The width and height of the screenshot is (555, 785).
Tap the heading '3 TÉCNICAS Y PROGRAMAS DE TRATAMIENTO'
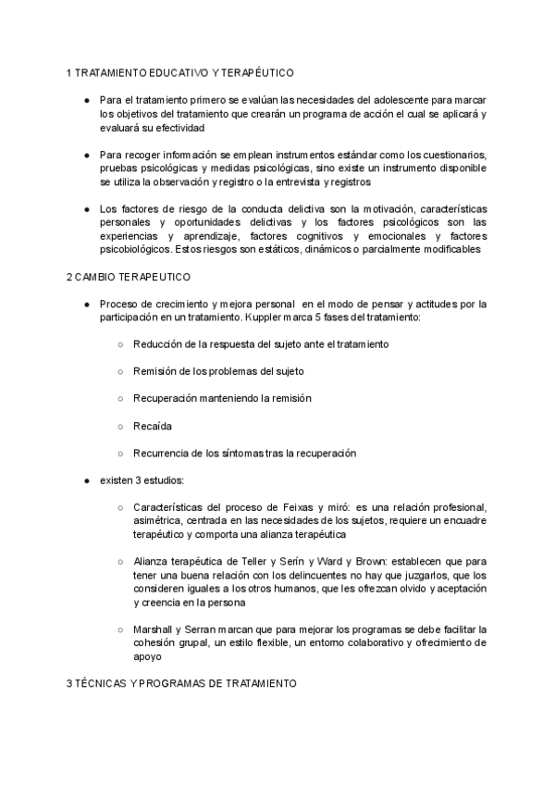point(181,683)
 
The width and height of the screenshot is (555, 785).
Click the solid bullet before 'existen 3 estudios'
point(86,480)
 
